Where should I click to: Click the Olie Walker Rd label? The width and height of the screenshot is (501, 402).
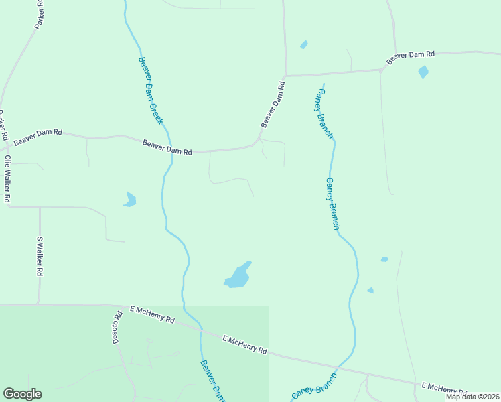[x=7, y=179]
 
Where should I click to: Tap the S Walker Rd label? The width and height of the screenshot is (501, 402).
[x=40, y=257]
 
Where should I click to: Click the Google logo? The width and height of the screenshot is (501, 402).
[x=22, y=394]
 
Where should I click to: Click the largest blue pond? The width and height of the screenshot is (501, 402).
[x=238, y=275]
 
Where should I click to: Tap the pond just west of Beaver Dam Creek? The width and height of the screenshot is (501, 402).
[x=130, y=199]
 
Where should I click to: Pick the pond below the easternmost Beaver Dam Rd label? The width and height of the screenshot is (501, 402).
[x=423, y=72]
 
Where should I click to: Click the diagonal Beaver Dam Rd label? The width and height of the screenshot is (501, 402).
[x=273, y=105]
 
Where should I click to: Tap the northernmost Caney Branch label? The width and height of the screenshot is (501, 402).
[x=324, y=114]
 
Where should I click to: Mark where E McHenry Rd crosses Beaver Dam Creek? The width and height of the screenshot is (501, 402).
[x=200, y=330]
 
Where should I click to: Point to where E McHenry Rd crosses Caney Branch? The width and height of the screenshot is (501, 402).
[x=338, y=366]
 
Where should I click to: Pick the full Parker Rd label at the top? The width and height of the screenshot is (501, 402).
[x=39, y=15]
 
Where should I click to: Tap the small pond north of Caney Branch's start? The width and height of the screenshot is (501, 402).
[x=304, y=45]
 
